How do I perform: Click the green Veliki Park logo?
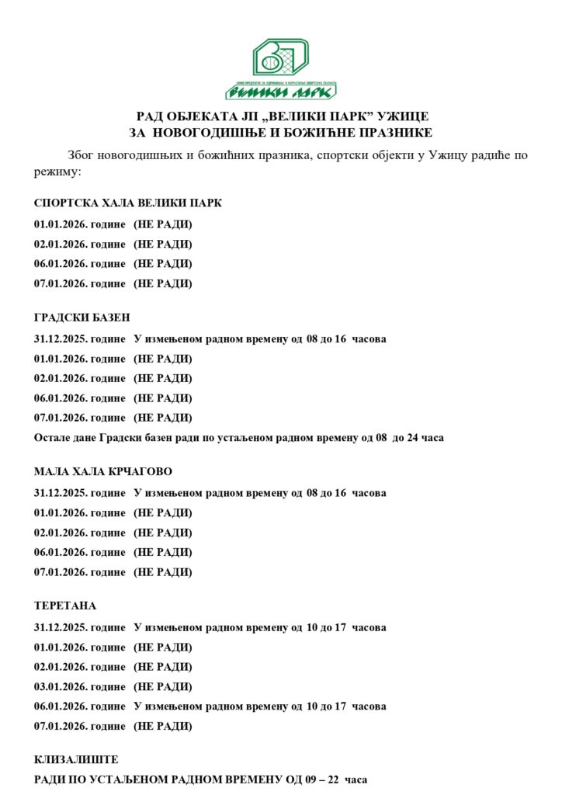click(281, 68)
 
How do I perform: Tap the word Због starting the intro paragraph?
click(83, 154)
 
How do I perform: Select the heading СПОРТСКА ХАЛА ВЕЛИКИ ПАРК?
click(128, 203)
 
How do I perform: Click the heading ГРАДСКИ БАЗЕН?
click(82, 318)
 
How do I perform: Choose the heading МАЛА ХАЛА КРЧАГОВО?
click(103, 471)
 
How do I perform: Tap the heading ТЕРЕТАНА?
click(65, 606)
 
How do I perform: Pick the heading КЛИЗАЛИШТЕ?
click(76, 759)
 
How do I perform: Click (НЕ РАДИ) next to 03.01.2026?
click(163, 687)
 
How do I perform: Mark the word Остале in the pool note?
click(52, 438)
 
